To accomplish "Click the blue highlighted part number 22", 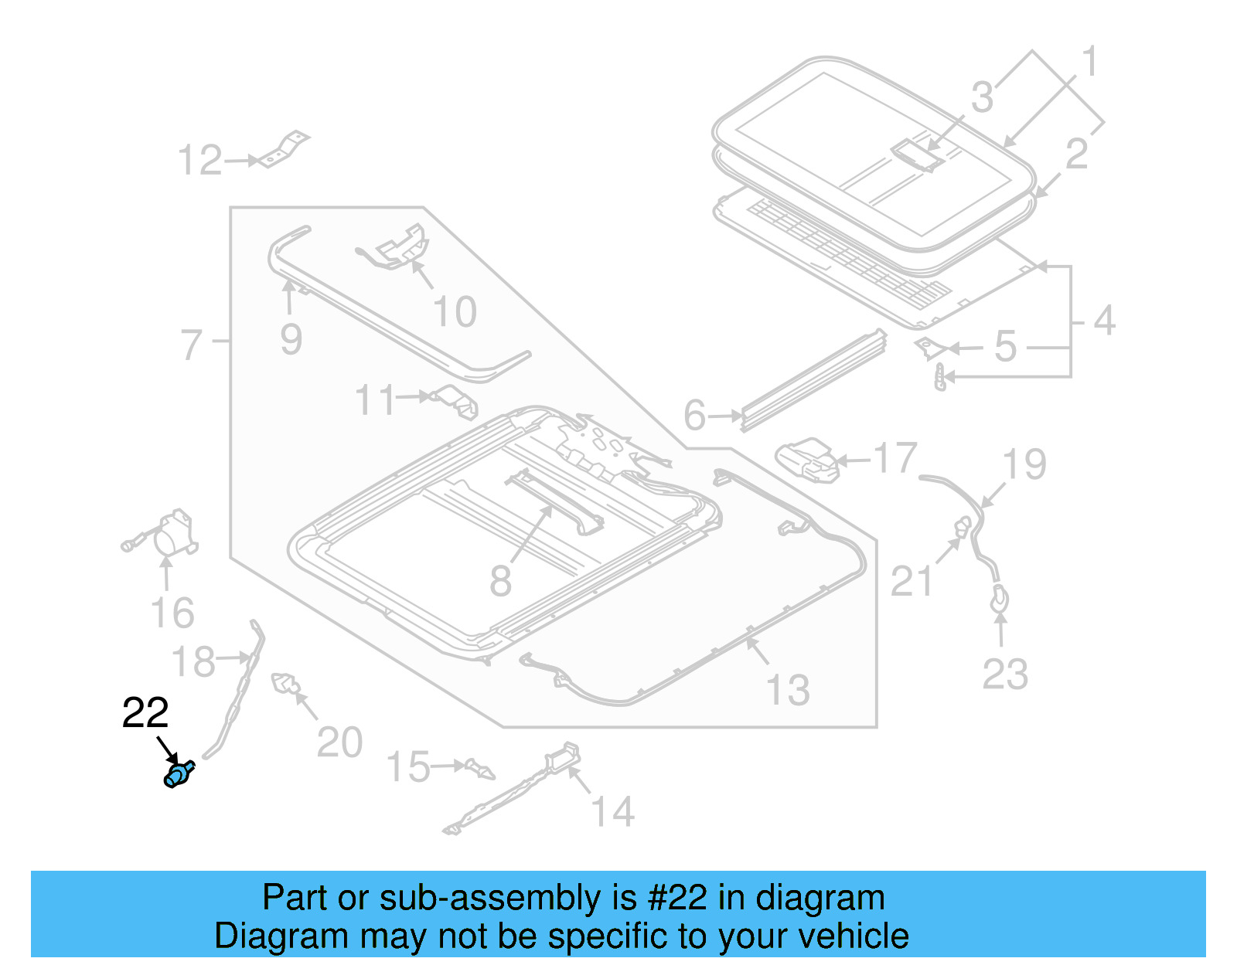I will tap(179, 774).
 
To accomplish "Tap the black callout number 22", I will tap(145, 713).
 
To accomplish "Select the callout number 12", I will tap(199, 161).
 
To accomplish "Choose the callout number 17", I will tap(895, 458).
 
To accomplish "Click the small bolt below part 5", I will tap(940, 378).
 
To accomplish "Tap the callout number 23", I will tap(1004, 674).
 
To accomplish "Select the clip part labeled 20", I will tap(285, 684).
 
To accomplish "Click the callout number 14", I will tap(612, 812).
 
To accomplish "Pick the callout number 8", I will tap(500, 580).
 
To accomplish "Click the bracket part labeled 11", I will tap(457, 401).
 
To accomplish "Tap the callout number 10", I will tap(455, 312).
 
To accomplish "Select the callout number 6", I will tap(694, 416).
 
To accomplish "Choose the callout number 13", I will tap(788, 689).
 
